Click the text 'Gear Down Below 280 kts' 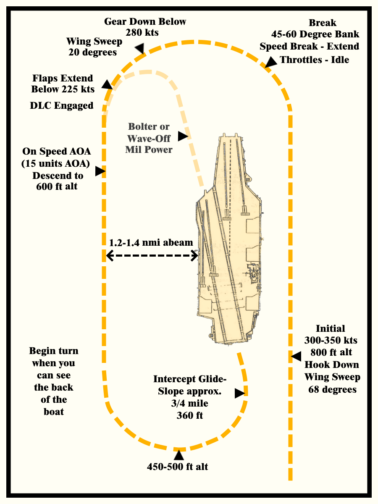tap(145, 26)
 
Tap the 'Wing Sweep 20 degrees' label tap(94, 47)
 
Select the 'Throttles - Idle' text tap(315, 60)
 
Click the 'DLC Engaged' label tap(61, 105)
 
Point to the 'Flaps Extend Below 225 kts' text tap(63, 84)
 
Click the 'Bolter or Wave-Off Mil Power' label tap(149, 138)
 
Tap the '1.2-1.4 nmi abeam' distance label tap(151, 242)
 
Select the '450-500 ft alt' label tap(177, 467)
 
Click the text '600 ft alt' tap(57, 186)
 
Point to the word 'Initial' tap(330, 328)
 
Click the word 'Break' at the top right tap(323, 23)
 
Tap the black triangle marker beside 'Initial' tap(296, 356)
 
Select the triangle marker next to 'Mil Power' tap(183, 136)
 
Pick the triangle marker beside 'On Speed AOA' tap(99, 171)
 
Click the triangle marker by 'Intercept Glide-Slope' tap(239, 393)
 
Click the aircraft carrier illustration tap(229, 239)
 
